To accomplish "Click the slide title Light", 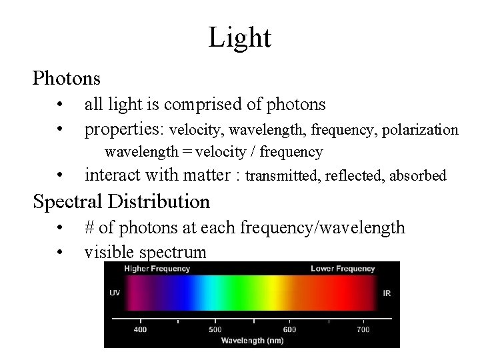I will pyautogui.click(x=239, y=37).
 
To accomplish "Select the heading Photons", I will pyautogui.click(x=67, y=79).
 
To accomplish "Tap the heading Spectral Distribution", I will pyautogui.click(x=121, y=201).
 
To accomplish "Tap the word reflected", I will pyautogui.click(x=356, y=176).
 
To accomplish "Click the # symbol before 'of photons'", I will pyautogui.click(x=90, y=228).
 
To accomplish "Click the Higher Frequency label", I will pyautogui.click(x=157, y=269).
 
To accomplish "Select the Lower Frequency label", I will pyautogui.click(x=343, y=269).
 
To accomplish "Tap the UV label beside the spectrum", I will pyautogui.click(x=115, y=293).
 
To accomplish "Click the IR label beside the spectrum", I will pyautogui.click(x=387, y=293).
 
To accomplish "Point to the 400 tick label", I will pyautogui.click(x=140, y=329).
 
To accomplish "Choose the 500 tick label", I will pyautogui.click(x=215, y=329).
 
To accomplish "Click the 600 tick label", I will pyautogui.click(x=289, y=329).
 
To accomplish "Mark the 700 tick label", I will pyautogui.click(x=363, y=329).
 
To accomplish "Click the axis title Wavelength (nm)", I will pyautogui.click(x=252, y=341).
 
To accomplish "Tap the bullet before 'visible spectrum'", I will pyautogui.click(x=60, y=253).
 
